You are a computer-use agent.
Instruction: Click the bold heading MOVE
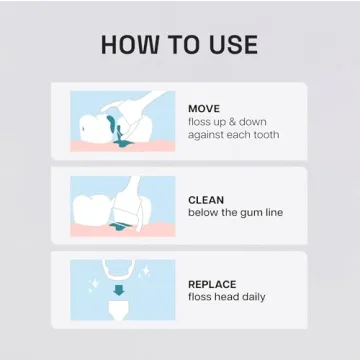click(x=205, y=108)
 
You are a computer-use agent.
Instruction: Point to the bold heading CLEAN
click(x=207, y=199)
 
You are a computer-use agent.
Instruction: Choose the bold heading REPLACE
click(x=213, y=284)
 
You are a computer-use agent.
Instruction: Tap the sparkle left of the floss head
click(x=95, y=284)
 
